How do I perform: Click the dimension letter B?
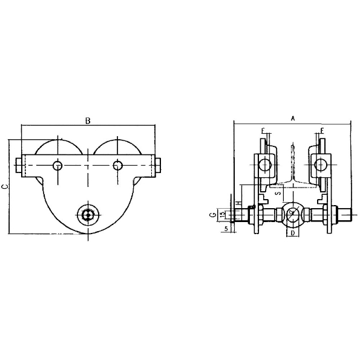click(x=88, y=121)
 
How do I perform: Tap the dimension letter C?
click(x=5, y=187)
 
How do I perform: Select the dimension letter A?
click(x=292, y=119)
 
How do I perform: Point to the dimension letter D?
click(x=292, y=233)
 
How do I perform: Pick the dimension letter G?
click(x=212, y=214)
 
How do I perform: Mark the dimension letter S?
click(x=277, y=194)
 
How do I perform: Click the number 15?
click(x=223, y=214)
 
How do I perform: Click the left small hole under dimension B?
click(x=57, y=165)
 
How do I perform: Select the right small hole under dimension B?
click(x=118, y=165)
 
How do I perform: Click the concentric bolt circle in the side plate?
click(x=88, y=214)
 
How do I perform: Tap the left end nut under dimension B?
click(x=18, y=165)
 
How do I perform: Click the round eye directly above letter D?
click(x=292, y=214)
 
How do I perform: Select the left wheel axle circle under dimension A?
click(x=264, y=163)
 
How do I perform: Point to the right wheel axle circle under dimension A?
click(x=321, y=163)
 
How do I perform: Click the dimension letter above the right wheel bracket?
click(x=321, y=131)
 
